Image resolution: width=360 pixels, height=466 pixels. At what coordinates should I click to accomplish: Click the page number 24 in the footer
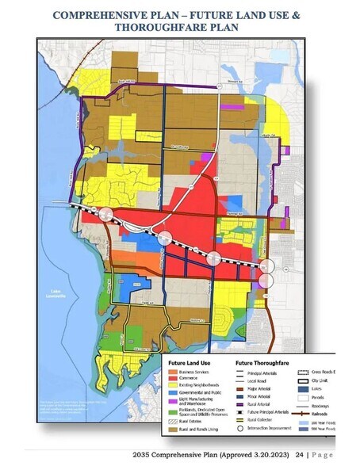(x=300, y=456)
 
